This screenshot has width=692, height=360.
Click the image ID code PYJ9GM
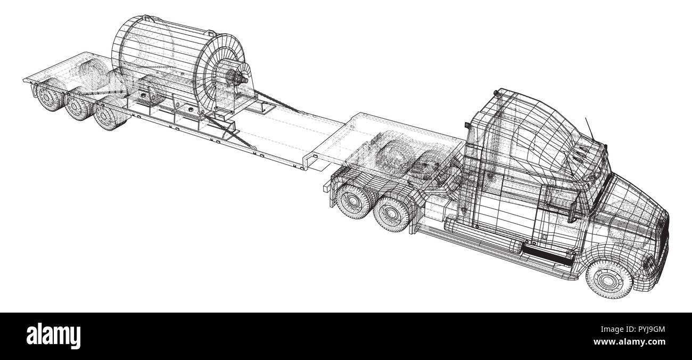coord(644,330)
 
